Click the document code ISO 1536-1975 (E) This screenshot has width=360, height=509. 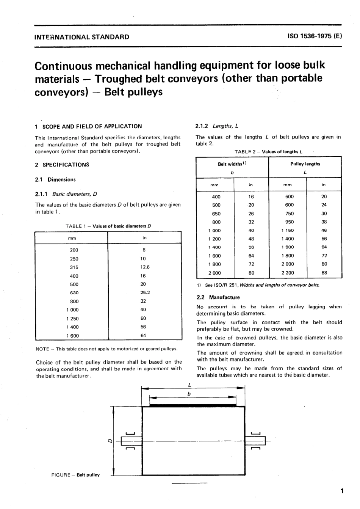click(x=315, y=37)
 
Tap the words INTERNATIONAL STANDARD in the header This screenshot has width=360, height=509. click(x=81, y=37)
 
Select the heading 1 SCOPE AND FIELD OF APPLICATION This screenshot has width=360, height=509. click(x=88, y=126)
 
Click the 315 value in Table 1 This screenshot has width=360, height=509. click(x=74, y=267)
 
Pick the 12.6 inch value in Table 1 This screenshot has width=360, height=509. click(x=145, y=267)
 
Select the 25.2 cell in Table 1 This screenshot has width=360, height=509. click(x=145, y=292)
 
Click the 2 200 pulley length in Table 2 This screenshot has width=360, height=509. click(x=287, y=273)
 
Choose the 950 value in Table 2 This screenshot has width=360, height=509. click(x=289, y=222)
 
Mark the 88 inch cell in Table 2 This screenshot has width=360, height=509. click(x=324, y=273)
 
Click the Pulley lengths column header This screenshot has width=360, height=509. click(x=305, y=164)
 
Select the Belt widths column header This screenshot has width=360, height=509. click(x=232, y=164)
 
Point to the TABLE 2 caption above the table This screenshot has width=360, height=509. click(x=268, y=152)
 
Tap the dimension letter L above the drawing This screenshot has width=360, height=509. click(x=189, y=384)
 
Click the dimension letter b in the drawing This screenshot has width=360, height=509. click(x=189, y=394)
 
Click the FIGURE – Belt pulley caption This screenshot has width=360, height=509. click(x=75, y=475)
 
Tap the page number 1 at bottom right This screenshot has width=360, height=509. click(x=342, y=491)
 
